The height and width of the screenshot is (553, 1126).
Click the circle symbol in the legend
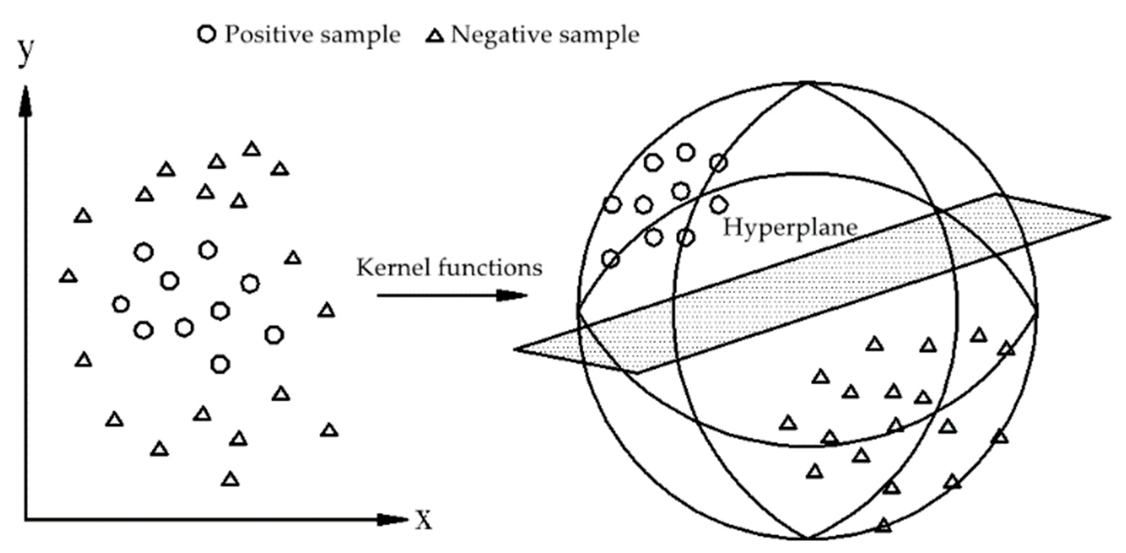click(207, 34)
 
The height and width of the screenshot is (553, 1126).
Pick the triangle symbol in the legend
click(435, 36)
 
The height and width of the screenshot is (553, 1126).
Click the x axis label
click(423, 520)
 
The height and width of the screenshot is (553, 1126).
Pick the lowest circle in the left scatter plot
click(220, 364)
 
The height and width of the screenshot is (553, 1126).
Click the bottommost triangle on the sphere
click(884, 525)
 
